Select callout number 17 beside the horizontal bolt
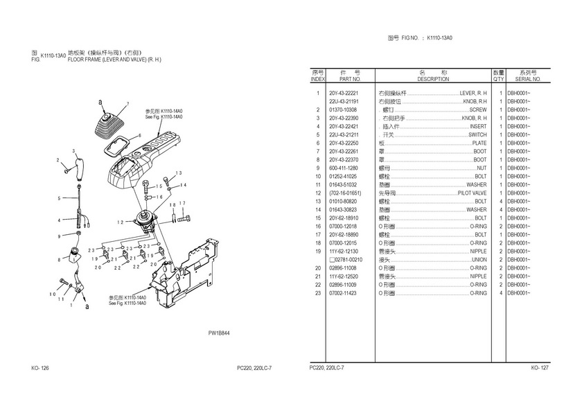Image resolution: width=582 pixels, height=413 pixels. (182, 203)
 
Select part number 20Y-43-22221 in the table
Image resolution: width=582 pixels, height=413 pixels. (344, 93)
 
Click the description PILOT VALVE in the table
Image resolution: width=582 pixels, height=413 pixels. (473, 193)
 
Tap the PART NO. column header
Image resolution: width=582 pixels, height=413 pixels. (344, 79)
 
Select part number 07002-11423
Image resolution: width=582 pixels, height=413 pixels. (343, 293)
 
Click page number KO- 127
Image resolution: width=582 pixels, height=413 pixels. (540, 367)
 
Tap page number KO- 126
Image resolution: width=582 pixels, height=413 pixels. (39, 367)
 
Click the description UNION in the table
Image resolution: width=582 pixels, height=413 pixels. (479, 260)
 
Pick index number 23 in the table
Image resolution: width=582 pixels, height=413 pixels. (317, 293)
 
